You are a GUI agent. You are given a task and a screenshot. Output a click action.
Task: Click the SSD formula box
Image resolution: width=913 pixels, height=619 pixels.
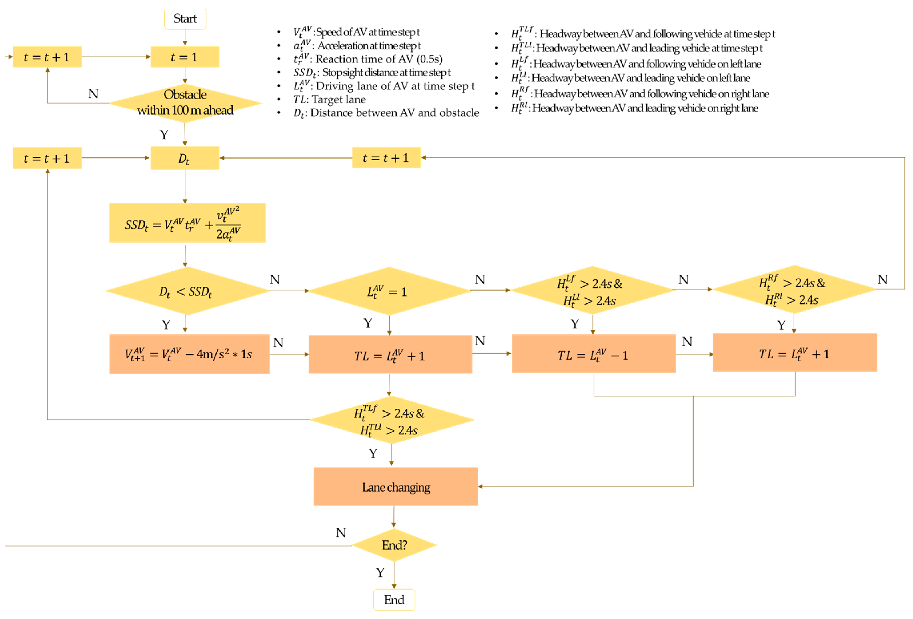187,223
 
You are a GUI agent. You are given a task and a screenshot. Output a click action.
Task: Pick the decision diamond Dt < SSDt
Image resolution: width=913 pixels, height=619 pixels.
187,291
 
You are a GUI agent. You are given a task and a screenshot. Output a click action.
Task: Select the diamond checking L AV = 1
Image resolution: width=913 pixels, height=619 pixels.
389,291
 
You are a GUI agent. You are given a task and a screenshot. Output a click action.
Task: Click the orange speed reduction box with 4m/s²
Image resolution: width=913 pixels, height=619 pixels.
189,354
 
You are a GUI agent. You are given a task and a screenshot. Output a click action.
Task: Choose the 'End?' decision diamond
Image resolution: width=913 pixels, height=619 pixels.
394,545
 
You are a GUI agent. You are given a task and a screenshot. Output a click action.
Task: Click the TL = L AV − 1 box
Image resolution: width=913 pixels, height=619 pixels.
594,354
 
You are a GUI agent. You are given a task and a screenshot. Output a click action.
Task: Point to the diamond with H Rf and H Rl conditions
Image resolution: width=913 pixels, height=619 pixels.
794,290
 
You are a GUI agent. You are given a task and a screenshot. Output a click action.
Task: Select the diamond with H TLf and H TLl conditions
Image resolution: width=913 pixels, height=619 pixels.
392,420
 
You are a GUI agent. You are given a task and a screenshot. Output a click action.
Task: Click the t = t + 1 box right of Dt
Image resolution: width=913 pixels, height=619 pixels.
386,157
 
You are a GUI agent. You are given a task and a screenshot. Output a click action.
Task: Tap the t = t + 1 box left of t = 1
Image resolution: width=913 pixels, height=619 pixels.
47,57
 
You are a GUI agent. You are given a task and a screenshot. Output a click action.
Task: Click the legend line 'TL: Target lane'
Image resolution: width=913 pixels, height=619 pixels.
329,99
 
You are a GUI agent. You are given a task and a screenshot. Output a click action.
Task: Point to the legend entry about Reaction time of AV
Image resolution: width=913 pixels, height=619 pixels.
368,59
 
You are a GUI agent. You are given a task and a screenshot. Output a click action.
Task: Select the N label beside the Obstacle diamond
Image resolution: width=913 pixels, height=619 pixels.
93,93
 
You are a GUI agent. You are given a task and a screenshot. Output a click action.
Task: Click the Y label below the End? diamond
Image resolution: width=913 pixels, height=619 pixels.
380,572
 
